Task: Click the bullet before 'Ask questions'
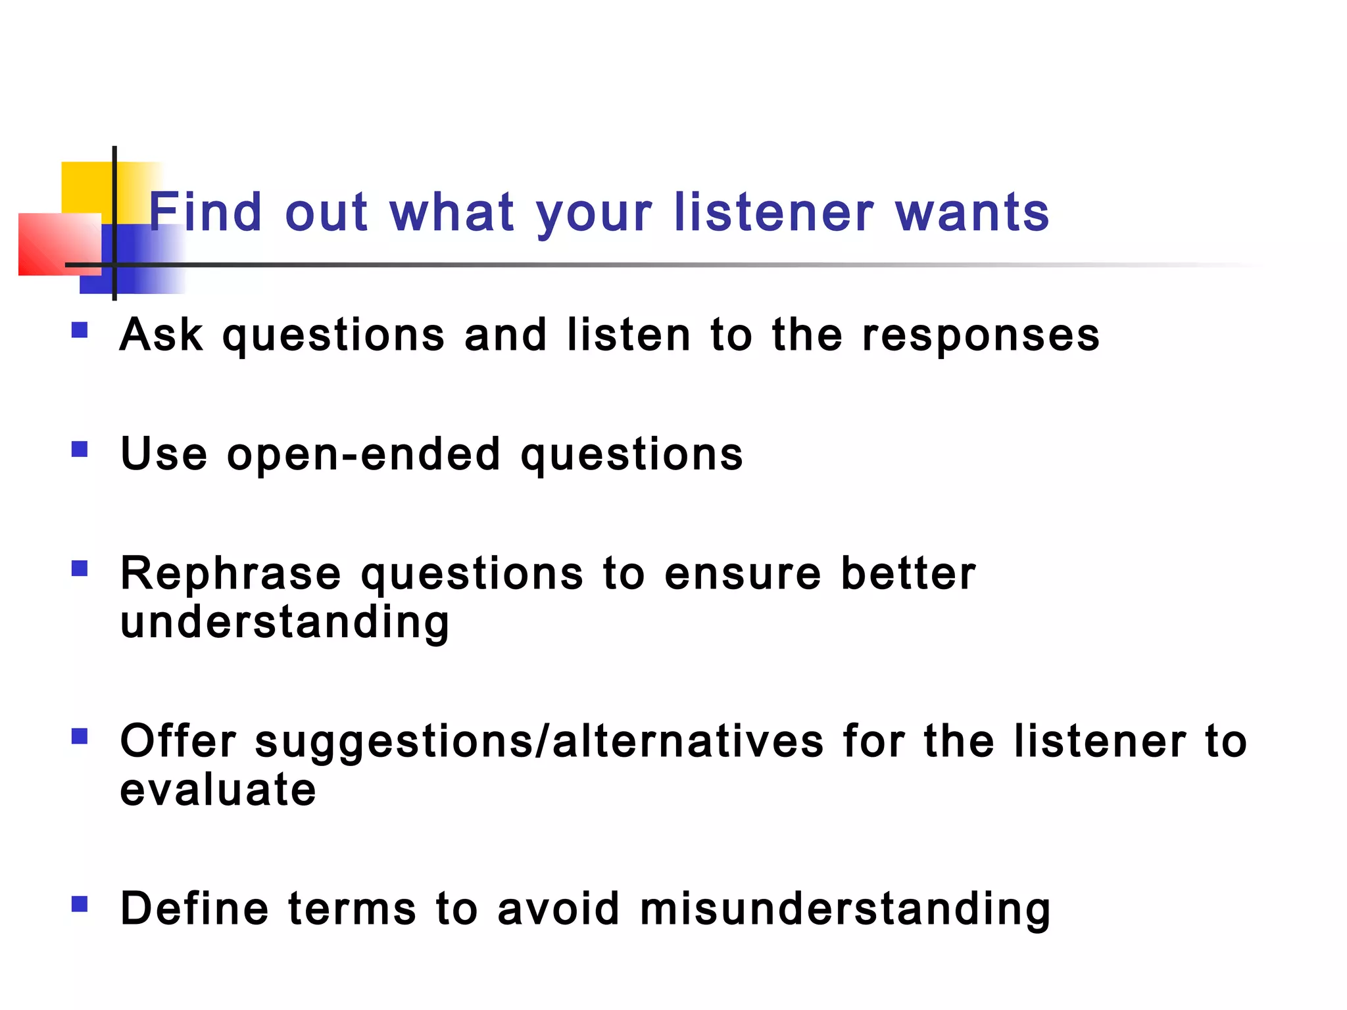pyautogui.click(x=80, y=329)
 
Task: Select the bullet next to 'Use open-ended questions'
pyautogui.click(x=80, y=449)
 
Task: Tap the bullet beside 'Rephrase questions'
pyautogui.click(x=80, y=568)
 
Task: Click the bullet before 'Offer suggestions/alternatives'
pyautogui.click(x=80, y=736)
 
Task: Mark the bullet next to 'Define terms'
pyautogui.click(x=80, y=904)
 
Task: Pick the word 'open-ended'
pyautogui.click(x=363, y=454)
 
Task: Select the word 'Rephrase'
pyautogui.click(x=231, y=573)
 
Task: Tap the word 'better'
pyautogui.click(x=908, y=573)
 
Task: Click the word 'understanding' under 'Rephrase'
pyautogui.click(x=285, y=623)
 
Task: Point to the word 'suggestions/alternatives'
pyautogui.click(x=539, y=742)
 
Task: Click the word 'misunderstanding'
pyautogui.click(x=845, y=910)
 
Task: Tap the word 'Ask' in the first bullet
pyautogui.click(x=161, y=335)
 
